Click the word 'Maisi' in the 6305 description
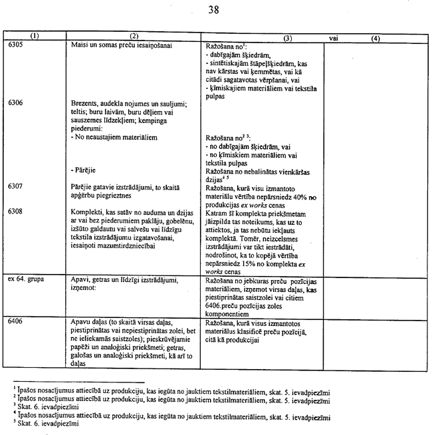click(79, 47)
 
